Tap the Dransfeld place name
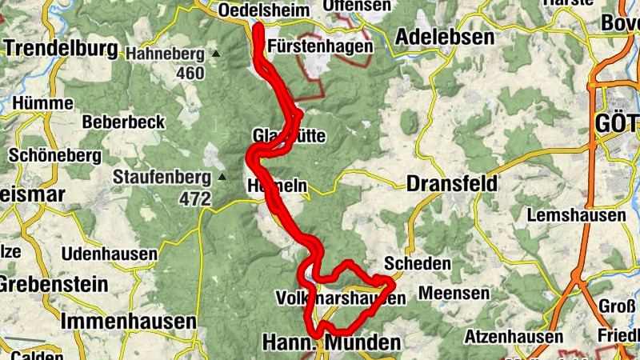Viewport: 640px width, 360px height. click(x=451, y=183)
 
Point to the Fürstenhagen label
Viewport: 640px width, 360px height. click(x=321, y=46)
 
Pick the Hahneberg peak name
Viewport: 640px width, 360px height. click(x=165, y=54)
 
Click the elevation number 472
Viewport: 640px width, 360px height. click(x=195, y=197)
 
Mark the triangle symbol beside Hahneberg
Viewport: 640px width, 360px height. click(x=215, y=54)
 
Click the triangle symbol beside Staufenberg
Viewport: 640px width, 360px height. click(x=222, y=178)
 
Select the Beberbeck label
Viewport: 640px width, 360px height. click(x=123, y=122)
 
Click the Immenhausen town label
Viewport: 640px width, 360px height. click(x=128, y=322)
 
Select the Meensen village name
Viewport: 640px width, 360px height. click(x=454, y=294)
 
